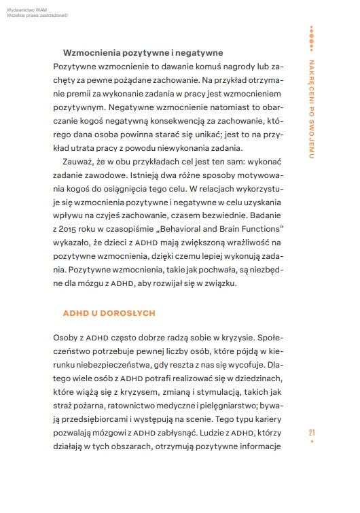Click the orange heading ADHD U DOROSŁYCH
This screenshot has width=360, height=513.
click(110, 313)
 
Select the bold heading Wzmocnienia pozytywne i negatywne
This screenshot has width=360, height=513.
click(143, 52)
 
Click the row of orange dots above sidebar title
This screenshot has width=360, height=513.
click(311, 29)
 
